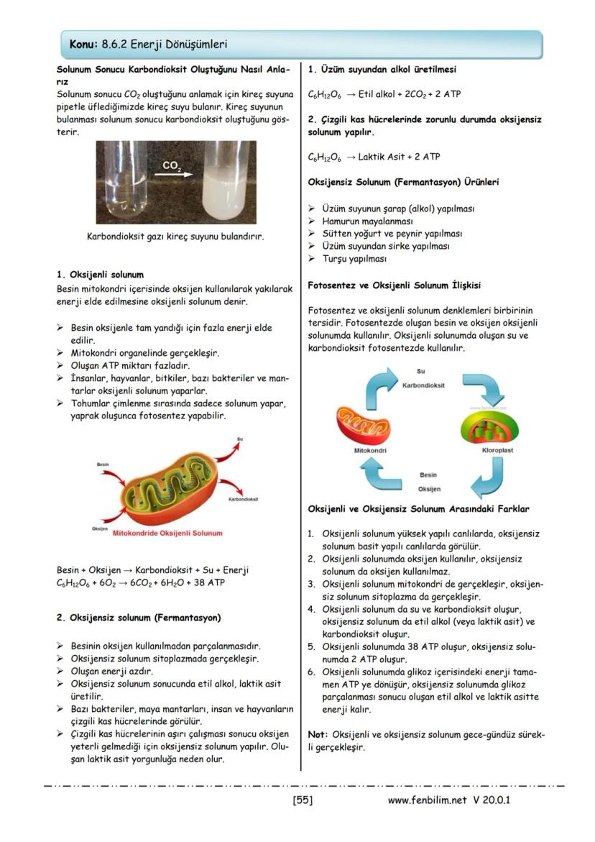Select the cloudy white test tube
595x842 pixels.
coord(226,180)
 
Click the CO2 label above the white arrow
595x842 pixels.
coord(172,165)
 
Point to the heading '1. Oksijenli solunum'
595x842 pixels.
coord(100,275)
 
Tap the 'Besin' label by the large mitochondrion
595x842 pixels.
coord(103,465)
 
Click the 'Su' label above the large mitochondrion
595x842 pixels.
coord(239,439)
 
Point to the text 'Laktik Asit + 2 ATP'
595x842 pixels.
coord(400,156)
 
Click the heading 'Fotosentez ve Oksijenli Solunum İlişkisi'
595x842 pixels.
coord(395,285)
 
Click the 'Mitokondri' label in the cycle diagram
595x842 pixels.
coord(371,450)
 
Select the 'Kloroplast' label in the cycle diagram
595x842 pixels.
coord(497,450)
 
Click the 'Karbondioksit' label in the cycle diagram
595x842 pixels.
coord(423,385)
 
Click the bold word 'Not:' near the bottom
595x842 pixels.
coord(318,735)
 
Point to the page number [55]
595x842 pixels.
coord(303,800)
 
